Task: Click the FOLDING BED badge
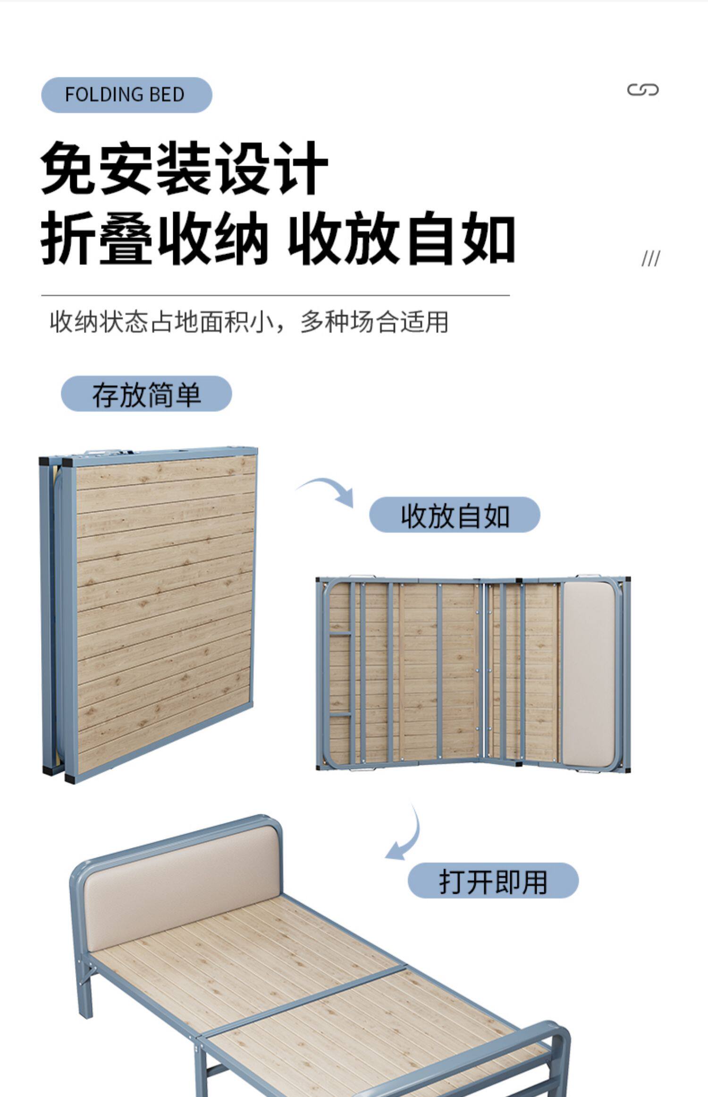pyautogui.click(x=126, y=95)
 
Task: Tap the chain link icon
pyautogui.click(x=642, y=90)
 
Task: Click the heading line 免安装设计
pyautogui.click(x=184, y=168)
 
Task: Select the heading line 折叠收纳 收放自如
pyautogui.click(x=278, y=239)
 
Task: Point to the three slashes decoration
pyautogui.click(x=650, y=258)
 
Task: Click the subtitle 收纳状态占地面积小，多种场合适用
pyautogui.click(x=249, y=322)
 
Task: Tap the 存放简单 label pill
pyautogui.click(x=146, y=394)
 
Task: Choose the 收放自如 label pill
pyautogui.click(x=454, y=515)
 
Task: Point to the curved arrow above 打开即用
pyautogui.click(x=405, y=836)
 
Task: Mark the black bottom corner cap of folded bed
pyautogui.click(x=70, y=778)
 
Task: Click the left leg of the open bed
pyautogui.click(x=85, y=987)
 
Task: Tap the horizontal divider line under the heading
pyautogui.click(x=275, y=296)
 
